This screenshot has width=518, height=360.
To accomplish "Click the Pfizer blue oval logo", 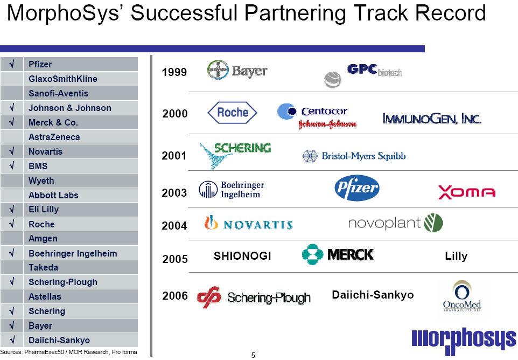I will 356,189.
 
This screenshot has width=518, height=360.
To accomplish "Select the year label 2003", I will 174,192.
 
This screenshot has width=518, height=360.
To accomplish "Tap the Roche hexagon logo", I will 232,113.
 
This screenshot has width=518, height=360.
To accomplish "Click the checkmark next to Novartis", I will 12,151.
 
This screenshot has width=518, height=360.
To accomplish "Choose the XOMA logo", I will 466,192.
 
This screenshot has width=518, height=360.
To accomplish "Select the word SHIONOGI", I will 242,256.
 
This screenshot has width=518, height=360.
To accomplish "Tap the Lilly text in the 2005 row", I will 456,256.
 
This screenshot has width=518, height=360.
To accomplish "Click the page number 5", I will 253,355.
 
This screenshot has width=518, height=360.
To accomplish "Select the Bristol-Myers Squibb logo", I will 354,156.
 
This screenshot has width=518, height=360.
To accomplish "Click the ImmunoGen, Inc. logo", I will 431,118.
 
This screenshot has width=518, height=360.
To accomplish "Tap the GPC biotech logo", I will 363,74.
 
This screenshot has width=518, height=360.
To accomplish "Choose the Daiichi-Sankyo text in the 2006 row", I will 373,295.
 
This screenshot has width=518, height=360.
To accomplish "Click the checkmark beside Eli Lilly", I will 12,210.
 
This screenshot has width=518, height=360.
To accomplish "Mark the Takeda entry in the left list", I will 43,267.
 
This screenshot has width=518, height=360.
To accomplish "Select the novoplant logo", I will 395,223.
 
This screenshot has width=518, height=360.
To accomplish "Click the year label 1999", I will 174,72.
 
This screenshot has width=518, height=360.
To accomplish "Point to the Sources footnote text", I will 68,352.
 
